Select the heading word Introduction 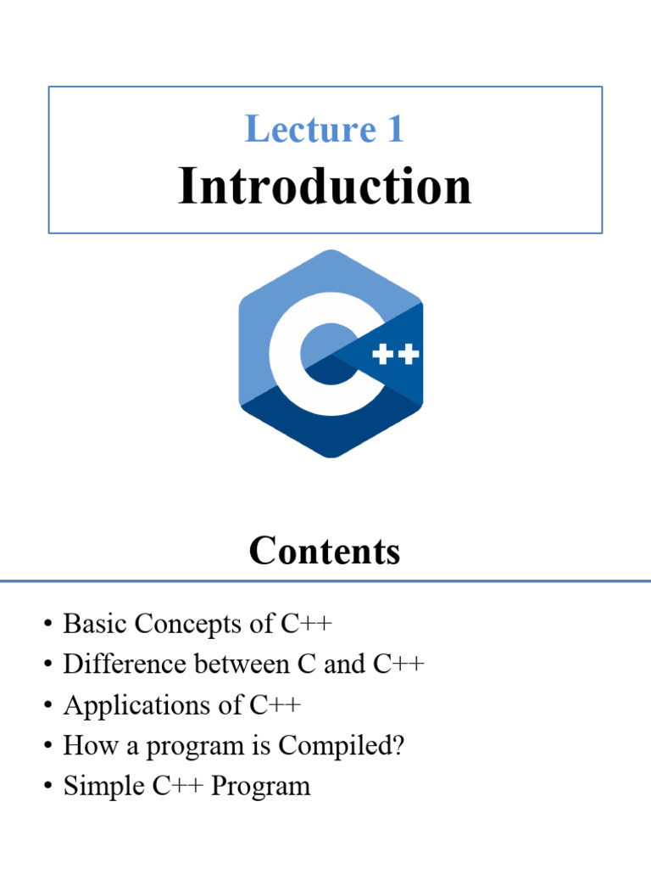(x=325, y=187)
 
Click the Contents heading (x=325, y=552)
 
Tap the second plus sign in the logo (x=409, y=353)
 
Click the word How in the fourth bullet (x=83, y=746)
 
